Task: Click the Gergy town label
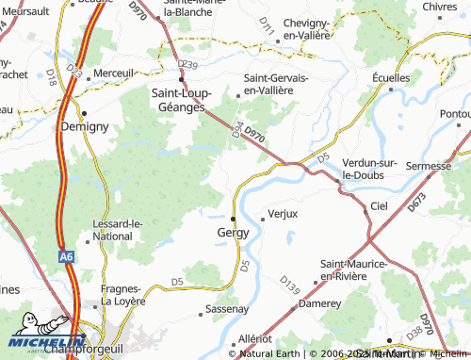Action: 233,232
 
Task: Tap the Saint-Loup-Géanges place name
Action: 191,101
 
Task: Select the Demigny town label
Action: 85,125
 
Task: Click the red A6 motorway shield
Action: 64,255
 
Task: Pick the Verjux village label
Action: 284,214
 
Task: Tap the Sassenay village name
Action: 227,309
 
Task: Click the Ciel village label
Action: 379,205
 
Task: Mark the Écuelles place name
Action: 391,77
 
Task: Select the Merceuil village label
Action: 115,73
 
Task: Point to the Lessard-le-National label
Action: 117,229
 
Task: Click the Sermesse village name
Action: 428,166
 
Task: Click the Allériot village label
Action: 255,337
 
